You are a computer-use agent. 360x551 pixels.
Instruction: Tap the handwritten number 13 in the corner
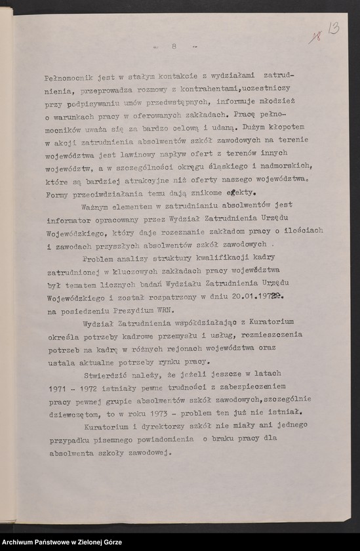[x=334, y=30]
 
